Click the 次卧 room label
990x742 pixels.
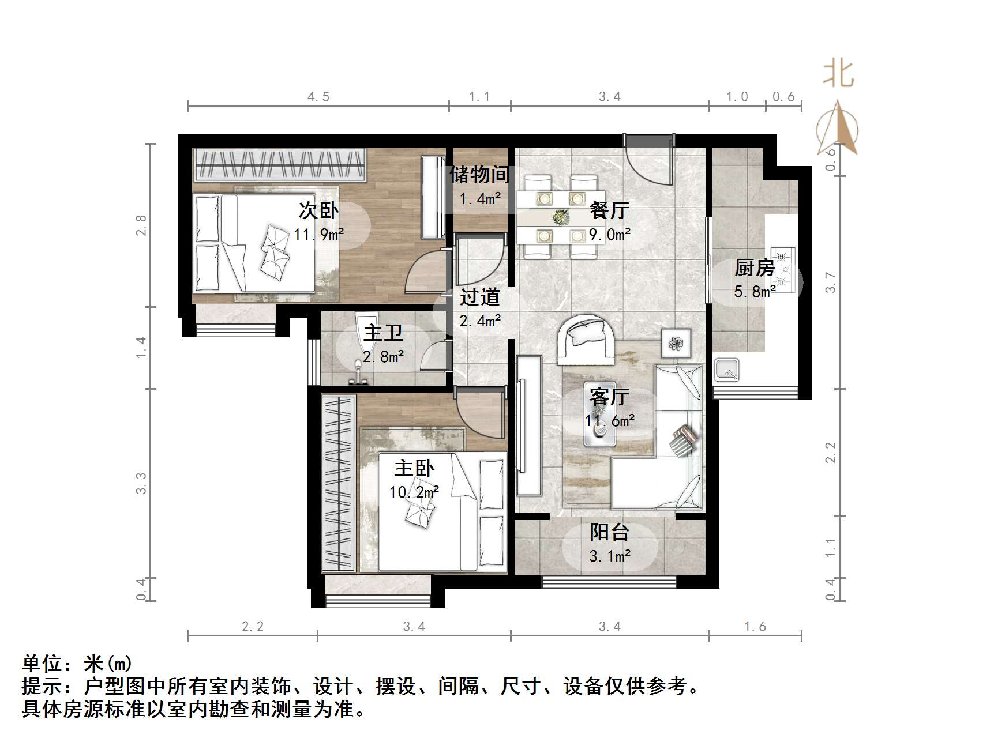[x=318, y=210]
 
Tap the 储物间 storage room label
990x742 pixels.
[x=480, y=174]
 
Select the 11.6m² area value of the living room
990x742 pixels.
[x=610, y=421]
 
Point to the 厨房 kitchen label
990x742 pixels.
[x=755, y=268]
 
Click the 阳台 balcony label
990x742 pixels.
[x=609, y=532]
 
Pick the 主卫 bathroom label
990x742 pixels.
[x=383, y=333]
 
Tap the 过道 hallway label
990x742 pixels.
[x=480, y=297]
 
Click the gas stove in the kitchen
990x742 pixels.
[x=783, y=268]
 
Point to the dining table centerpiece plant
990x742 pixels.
[x=560, y=217]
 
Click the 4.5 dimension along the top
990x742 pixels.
[x=318, y=97]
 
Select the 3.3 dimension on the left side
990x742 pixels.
[x=141, y=483]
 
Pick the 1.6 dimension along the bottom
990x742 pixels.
[x=755, y=627]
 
